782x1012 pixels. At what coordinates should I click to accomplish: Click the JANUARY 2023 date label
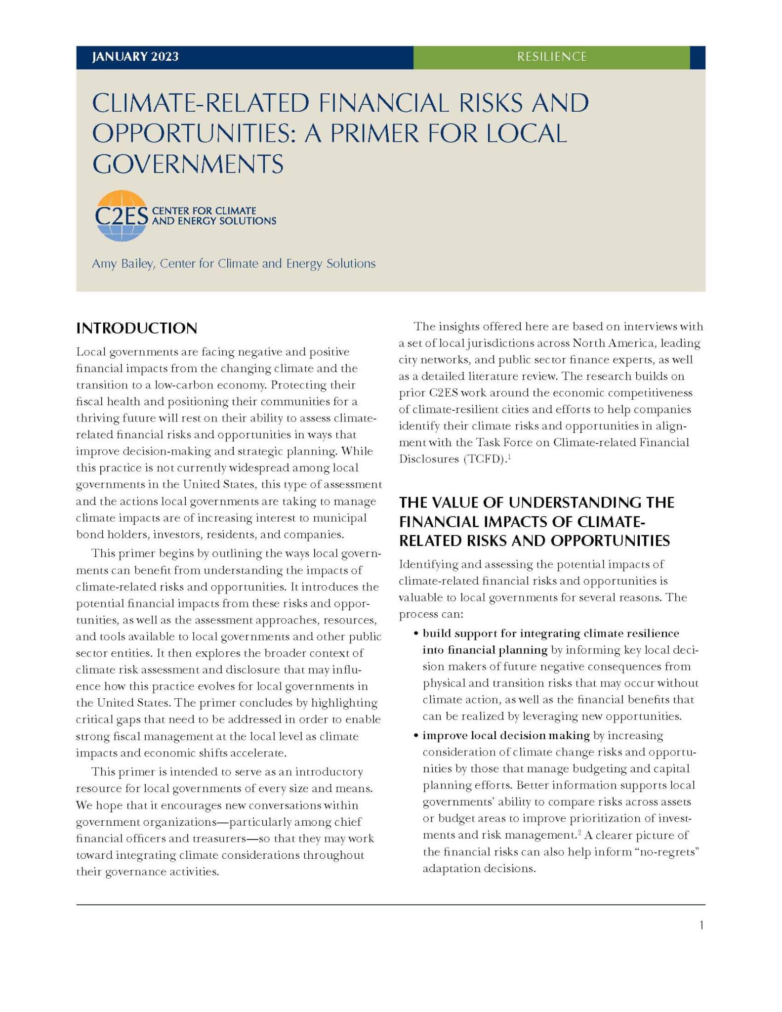[x=135, y=57]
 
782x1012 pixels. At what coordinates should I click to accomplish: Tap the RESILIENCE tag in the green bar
[x=552, y=57]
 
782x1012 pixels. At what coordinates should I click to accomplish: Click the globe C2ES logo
[x=121, y=216]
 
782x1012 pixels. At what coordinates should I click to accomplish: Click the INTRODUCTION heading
[x=136, y=328]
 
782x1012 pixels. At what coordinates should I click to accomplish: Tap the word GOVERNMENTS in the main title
[x=188, y=164]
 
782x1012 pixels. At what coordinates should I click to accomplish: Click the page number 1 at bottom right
[x=701, y=926]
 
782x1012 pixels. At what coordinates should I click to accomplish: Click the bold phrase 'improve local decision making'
[x=506, y=736]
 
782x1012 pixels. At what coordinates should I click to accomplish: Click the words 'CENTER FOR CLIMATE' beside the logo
[x=204, y=211]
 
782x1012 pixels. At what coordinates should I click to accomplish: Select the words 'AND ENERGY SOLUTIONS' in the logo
[x=214, y=221]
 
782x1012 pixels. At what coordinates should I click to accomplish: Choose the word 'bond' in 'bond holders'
[x=87, y=534]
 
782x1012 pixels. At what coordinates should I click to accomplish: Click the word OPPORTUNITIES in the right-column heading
[x=610, y=541]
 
